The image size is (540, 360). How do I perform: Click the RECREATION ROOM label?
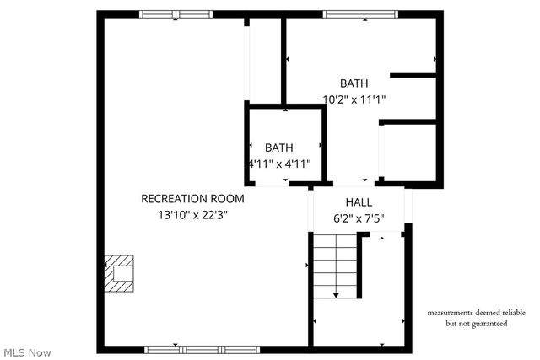(x=192, y=199)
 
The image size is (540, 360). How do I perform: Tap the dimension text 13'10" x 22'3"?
(x=192, y=215)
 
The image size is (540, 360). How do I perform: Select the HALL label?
(x=359, y=203)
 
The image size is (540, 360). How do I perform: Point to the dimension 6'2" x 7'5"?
(x=359, y=218)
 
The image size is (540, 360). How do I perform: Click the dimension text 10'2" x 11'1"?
(x=354, y=99)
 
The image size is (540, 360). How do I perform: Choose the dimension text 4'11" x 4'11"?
(x=279, y=164)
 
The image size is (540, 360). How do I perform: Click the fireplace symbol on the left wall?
(x=118, y=273)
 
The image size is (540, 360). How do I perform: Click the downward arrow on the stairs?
(x=336, y=293)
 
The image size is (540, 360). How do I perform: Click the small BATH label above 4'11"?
(x=279, y=148)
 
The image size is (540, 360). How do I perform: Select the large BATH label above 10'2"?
(x=354, y=83)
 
